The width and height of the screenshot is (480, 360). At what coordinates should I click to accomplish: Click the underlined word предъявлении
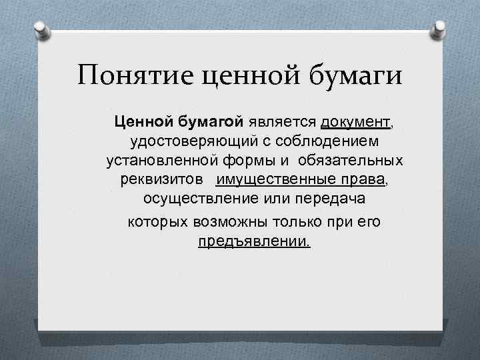(x=254, y=241)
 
